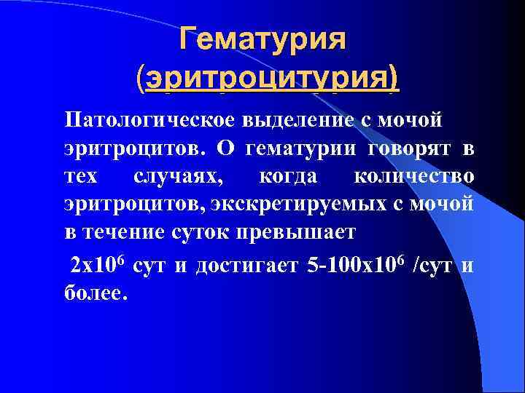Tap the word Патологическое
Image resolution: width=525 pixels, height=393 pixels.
click(x=136, y=119)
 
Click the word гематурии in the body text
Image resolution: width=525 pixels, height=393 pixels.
click(x=292, y=148)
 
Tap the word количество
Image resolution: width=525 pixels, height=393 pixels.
click(x=413, y=178)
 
